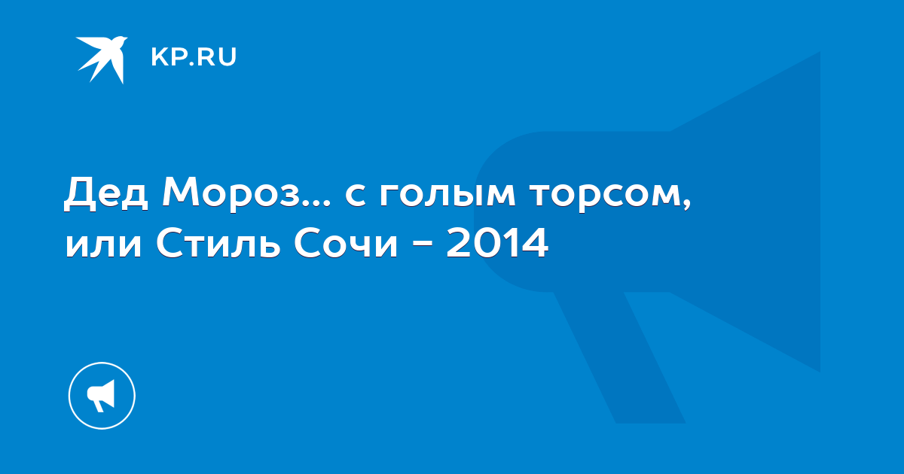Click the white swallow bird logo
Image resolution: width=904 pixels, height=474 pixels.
coord(102,59)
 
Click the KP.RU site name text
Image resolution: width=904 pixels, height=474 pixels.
coord(194,57)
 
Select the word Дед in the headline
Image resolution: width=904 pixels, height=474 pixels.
coord(106,194)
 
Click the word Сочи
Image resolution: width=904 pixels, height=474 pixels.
coord(346,243)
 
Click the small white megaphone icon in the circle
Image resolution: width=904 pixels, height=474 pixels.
coord(101,396)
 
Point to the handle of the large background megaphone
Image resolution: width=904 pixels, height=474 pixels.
coord(619,357)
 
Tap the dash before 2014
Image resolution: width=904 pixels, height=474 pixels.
coord(422,245)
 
